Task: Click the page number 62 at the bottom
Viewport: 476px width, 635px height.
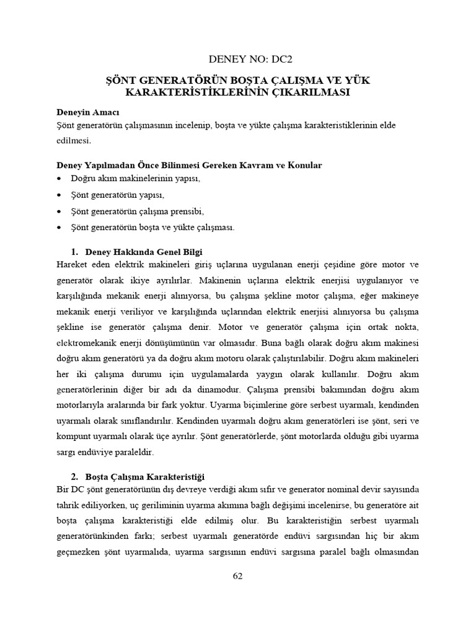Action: [x=238, y=575]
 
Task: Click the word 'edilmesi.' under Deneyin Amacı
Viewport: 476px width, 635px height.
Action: [x=73, y=141]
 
